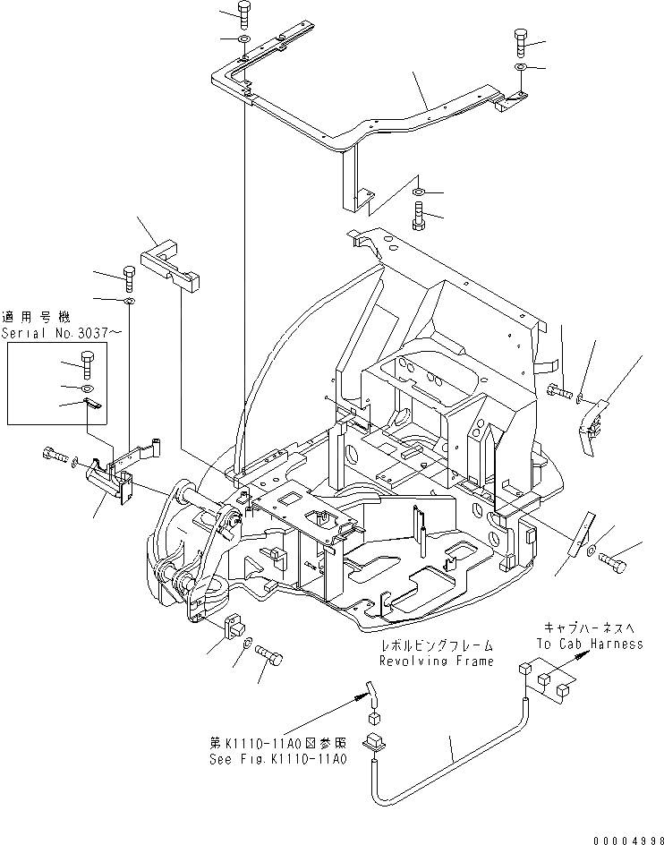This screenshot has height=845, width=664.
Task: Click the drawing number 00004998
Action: tap(620, 838)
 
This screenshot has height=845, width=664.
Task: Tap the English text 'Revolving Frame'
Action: tap(436, 661)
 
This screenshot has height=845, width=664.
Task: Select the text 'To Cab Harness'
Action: tap(591, 644)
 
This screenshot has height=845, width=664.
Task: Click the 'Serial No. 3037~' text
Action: tap(54, 332)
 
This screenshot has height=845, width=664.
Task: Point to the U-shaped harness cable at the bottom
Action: tap(447, 759)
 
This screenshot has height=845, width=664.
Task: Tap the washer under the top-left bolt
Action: tap(244, 41)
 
